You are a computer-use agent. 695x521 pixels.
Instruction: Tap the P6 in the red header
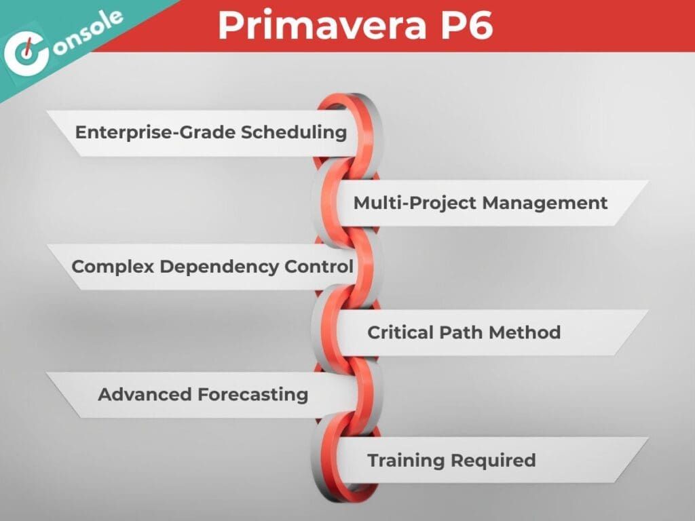(x=467, y=26)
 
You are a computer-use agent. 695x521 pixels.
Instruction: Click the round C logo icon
(x=26, y=54)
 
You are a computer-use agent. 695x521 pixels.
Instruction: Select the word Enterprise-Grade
(x=155, y=132)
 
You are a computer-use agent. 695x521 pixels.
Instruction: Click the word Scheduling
(x=294, y=132)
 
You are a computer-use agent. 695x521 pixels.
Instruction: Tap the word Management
(x=545, y=202)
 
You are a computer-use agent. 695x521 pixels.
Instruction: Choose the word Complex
(x=113, y=267)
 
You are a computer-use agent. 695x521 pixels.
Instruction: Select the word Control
(x=319, y=266)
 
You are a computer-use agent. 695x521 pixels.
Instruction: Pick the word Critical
(x=400, y=332)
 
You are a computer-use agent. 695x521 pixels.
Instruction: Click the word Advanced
(x=145, y=394)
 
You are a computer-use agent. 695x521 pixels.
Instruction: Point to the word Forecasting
(x=252, y=394)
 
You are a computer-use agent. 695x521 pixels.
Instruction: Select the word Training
(x=406, y=461)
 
